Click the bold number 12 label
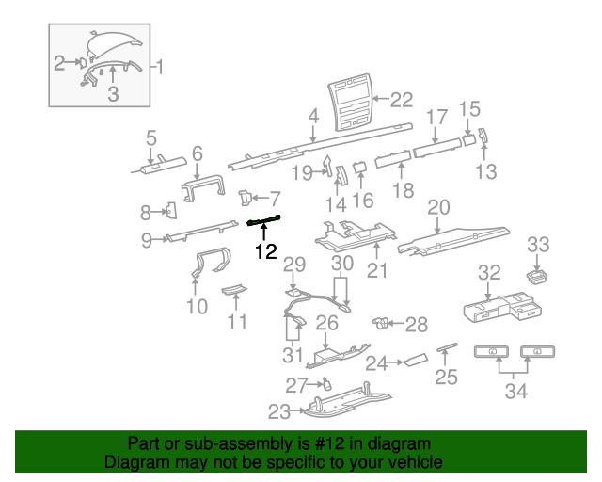click(266, 251)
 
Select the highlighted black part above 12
click(264, 221)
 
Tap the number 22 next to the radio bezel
click(402, 99)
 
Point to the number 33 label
click(537, 245)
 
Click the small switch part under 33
click(539, 275)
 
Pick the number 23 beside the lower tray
click(279, 410)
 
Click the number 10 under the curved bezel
click(197, 306)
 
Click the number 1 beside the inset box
click(159, 67)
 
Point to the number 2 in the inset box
click(59, 63)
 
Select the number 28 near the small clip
click(416, 325)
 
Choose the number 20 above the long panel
click(439, 207)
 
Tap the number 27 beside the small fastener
click(296, 385)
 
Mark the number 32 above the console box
click(489, 273)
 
